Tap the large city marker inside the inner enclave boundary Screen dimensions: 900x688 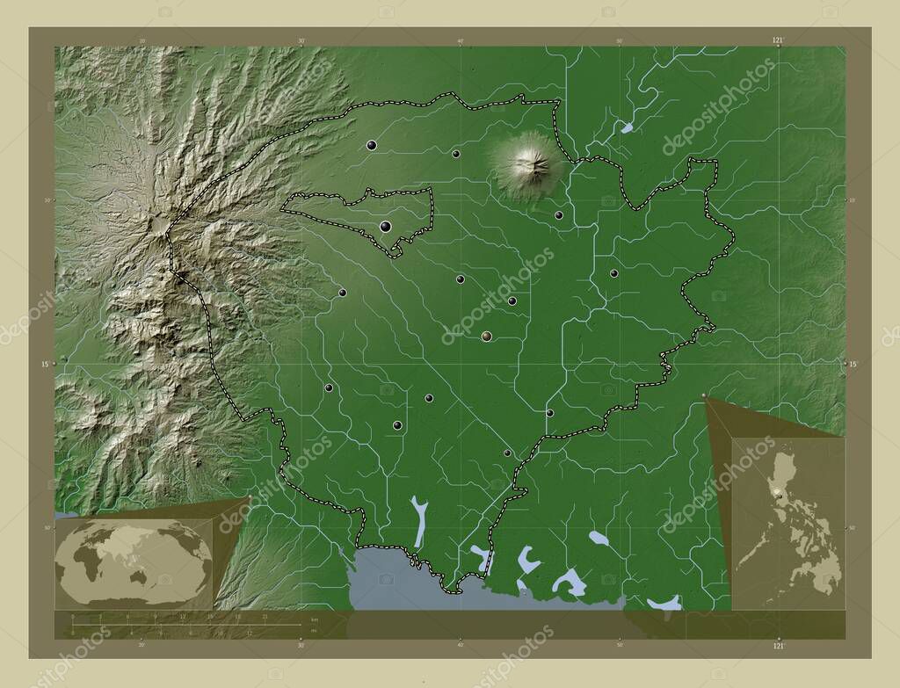(385, 227)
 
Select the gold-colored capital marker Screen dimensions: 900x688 (486, 336)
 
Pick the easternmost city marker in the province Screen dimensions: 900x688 (613, 273)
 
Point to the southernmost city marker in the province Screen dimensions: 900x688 (507, 453)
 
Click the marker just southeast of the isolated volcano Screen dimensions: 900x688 (558, 215)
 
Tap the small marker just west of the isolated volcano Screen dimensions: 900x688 (456, 154)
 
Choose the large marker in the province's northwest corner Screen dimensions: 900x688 (372, 146)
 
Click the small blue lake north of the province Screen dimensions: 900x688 (627, 127)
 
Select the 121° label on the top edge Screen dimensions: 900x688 (777, 40)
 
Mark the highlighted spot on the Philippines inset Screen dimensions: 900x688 (777, 495)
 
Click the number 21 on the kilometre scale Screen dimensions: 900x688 (265, 617)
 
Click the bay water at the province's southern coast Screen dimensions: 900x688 (396, 584)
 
